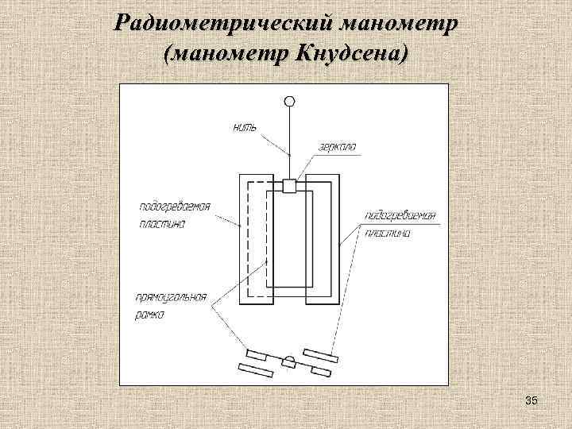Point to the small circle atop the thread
[290, 101]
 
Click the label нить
[244, 126]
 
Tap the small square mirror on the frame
[290, 186]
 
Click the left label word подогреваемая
[175, 205]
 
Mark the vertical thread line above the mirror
[290, 143]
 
